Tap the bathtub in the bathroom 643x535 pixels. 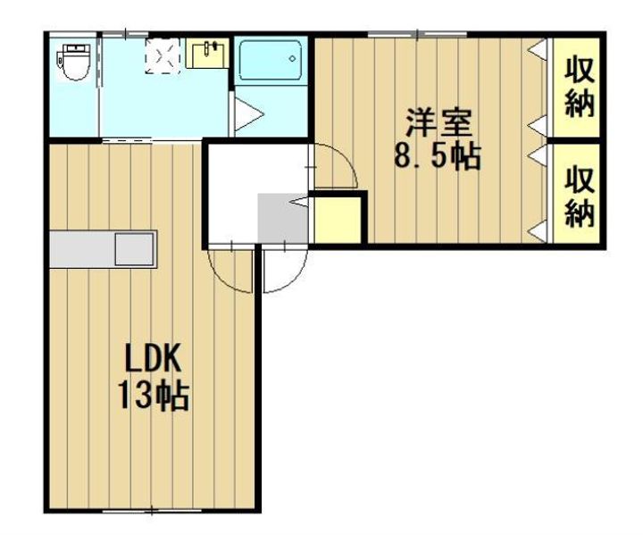pos(271,63)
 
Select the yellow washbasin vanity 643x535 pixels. pos(208,54)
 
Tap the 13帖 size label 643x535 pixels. pos(153,394)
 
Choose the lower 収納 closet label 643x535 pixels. pos(580,197)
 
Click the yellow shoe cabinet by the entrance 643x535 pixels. pos(338,219)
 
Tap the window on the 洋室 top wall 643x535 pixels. pos(418,34)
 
